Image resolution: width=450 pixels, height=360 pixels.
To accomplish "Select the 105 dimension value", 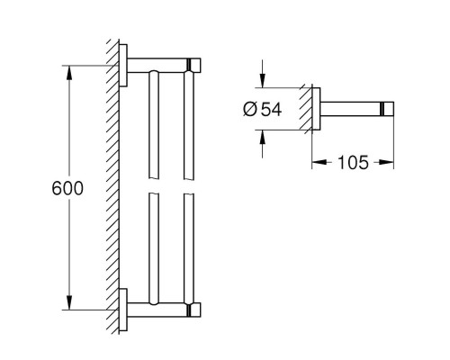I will pyautogui.click(x=354, y=164).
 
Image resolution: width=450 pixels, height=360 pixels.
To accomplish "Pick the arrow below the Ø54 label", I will pyautogui.click(x=263, y=137).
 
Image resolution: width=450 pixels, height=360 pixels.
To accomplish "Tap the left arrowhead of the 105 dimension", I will pyautogui.click(x=318, y=164).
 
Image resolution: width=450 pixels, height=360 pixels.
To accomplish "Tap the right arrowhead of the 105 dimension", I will pyautogui.click(x=390, y=164).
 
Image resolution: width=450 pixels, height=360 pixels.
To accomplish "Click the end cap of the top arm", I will pyautogui.click(x=193, y=66).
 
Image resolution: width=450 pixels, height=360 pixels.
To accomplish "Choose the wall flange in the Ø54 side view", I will pyautogui.click(x=318, y=109).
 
